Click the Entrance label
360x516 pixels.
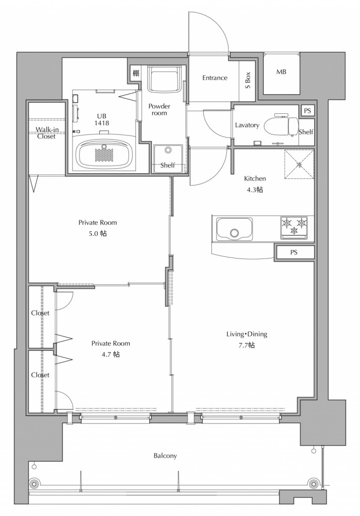pyautogui.click(x=215, y=78)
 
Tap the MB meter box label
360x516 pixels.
pyautogui.click(x=281, y=72)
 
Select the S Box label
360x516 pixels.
pyautogui.click(x=248, y=80)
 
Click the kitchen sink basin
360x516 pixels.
pyautogui.click(x=234, y=229)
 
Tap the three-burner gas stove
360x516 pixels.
pyautogui.click(x=294, y=227)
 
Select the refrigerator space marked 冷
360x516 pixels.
pyautogui.click(x=299, y=164)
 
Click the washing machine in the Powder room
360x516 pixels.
pyautogui.click(x=164, y=79)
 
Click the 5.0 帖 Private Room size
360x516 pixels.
pyautogui.click(x=97, y=234)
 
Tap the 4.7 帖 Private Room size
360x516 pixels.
pyautogui.click(x=110, y=354)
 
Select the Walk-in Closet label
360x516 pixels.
pyautogui.click(x=47, y=133)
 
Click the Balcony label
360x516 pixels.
pyautogui.click(x=165, y=456)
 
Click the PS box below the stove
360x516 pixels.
pyautogui.click(x=294, y=252)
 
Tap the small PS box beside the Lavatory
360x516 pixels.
pyautogui.click(x=307, y=111)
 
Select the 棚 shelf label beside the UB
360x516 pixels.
pyautogui.click(x=136, y=73)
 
